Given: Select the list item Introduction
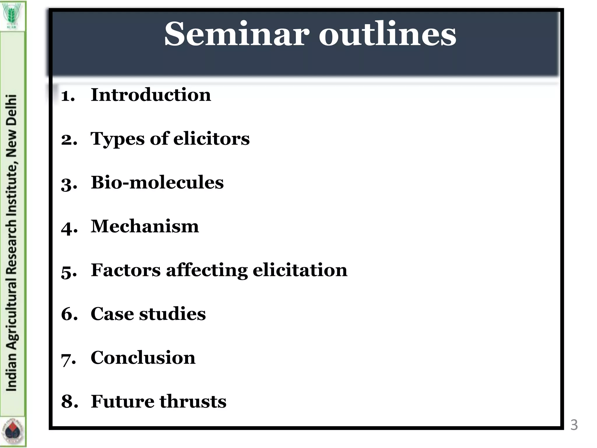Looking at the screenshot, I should click(x=151, y=95).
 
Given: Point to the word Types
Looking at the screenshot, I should click(x=117, y=139).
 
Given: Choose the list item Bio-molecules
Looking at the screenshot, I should click(x=157, y=183).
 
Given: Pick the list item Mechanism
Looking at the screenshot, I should click(x=145, y=226).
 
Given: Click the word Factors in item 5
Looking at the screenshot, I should click(x=126, y=270).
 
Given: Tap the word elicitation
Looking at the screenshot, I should click(x=300, y=270).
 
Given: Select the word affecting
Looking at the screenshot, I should click(x=207, y=271).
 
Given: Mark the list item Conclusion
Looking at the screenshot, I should click(x=143, y=358).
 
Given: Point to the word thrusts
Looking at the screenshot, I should click(x=193, y=402).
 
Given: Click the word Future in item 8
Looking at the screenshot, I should click(x=122, y=402).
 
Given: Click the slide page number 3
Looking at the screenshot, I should click(x=574, y=425).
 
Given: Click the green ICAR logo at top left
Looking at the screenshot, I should click(x=13, y=16).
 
